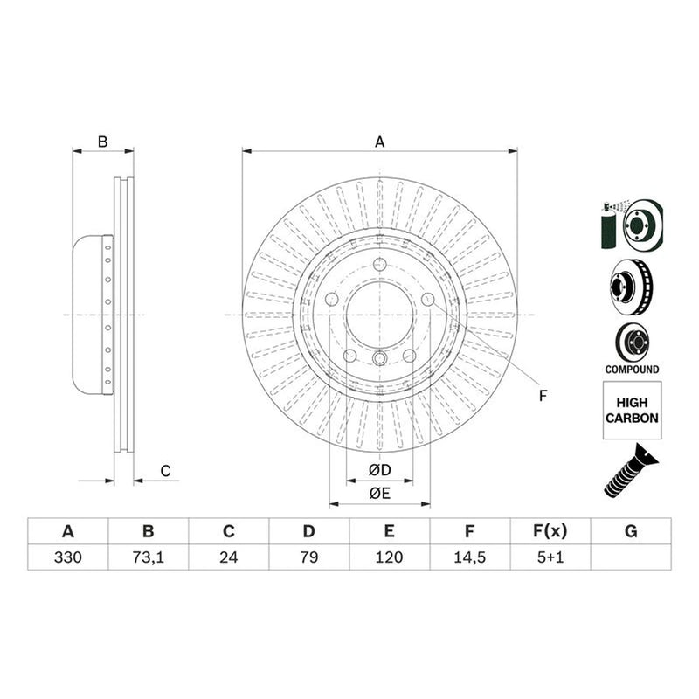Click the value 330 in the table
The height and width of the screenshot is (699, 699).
click(68, 557)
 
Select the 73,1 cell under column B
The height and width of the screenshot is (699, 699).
click(148, 557)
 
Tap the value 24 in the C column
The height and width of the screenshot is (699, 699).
click(228, 557)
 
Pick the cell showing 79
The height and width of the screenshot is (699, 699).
click(309, 557)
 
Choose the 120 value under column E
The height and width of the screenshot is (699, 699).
click(389, 557)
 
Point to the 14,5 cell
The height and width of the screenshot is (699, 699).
click(469, 557)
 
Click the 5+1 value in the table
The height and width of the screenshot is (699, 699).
click(550, 557)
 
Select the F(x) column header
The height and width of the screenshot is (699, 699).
click(550, 531)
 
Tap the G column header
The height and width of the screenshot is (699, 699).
click(631, 531)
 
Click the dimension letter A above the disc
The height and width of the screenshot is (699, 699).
click(379, 142)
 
